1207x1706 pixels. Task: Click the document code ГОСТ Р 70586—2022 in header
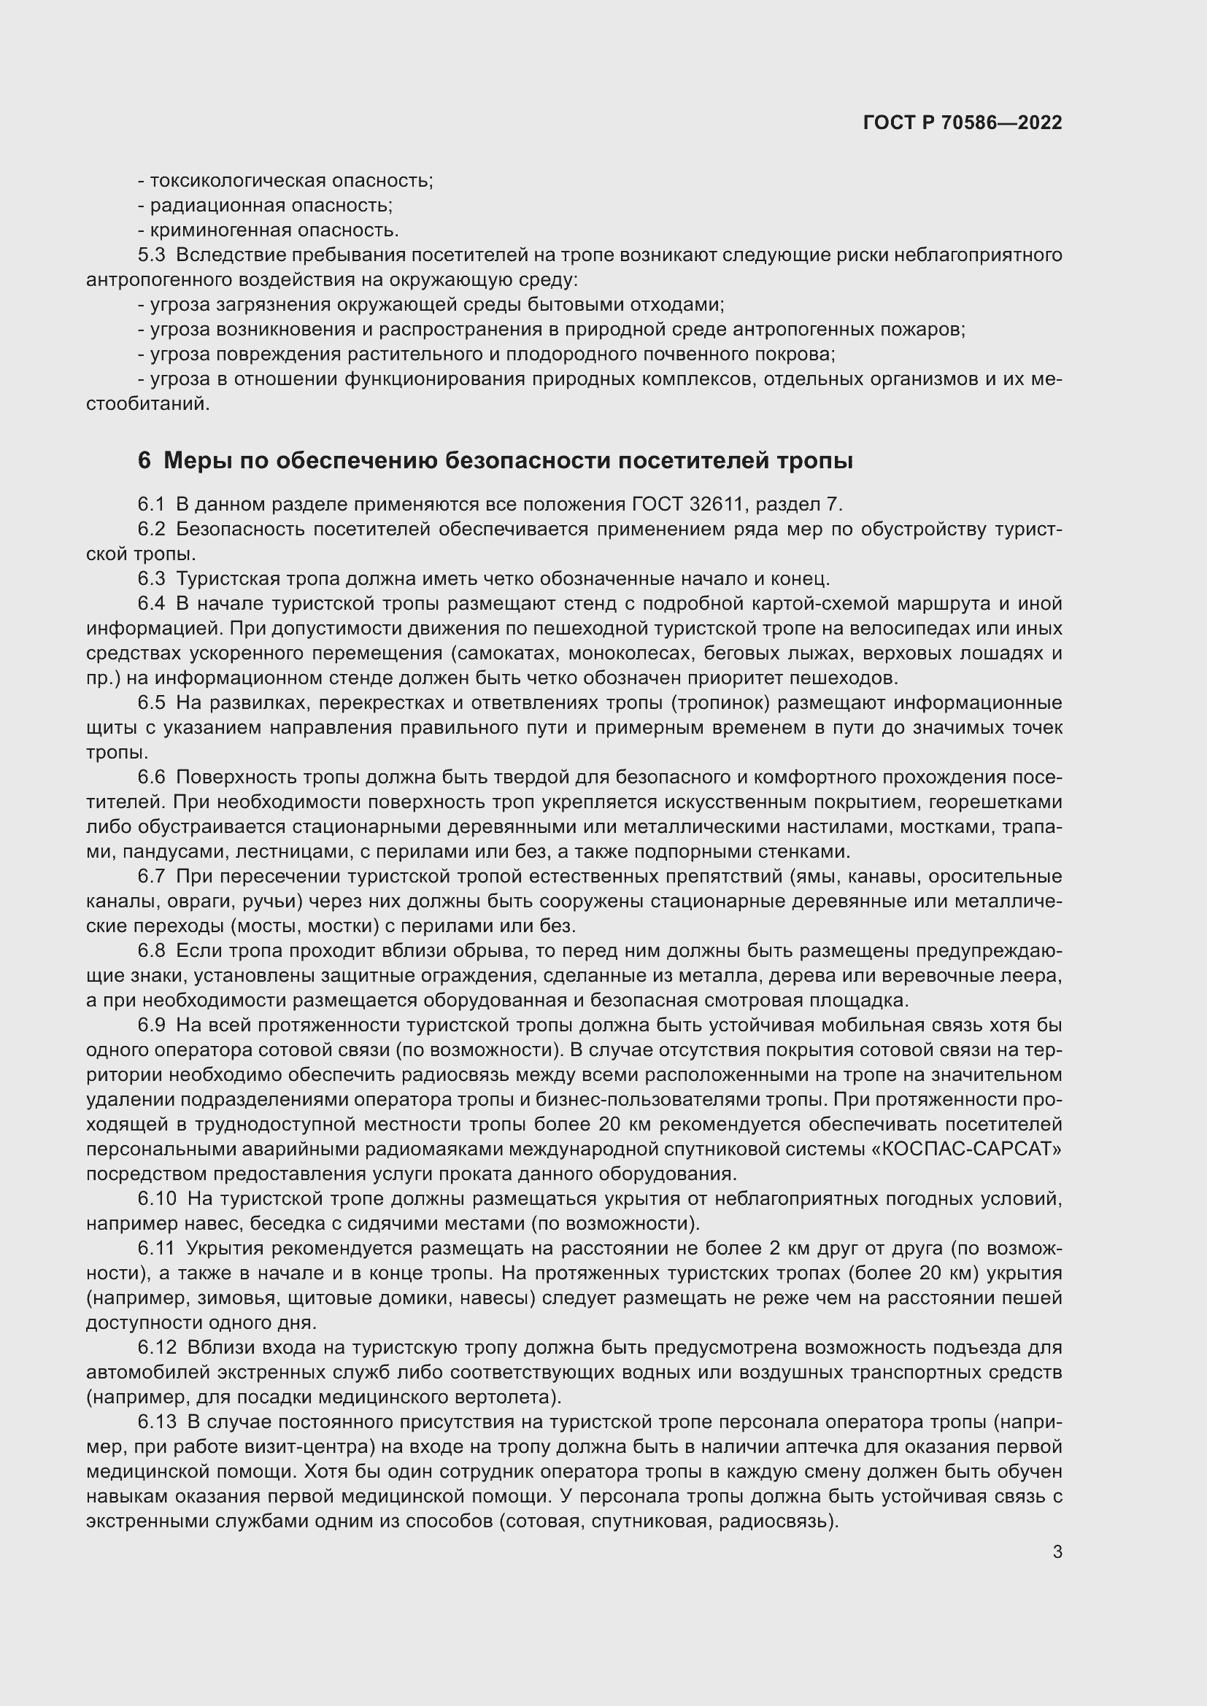point(963,123)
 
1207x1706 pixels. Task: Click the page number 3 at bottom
point(1057,1551)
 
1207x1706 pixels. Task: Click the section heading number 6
point(144,462)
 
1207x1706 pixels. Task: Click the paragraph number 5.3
point(152,255)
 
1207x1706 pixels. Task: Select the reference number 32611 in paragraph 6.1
point(717,505)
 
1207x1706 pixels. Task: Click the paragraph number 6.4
point(152,603)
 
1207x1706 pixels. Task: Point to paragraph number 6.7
point(152,876)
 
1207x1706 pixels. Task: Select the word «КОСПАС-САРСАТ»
point(965,1149)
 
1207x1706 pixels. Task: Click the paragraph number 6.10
point(157,1198)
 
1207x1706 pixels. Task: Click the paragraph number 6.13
point(157,1422)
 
